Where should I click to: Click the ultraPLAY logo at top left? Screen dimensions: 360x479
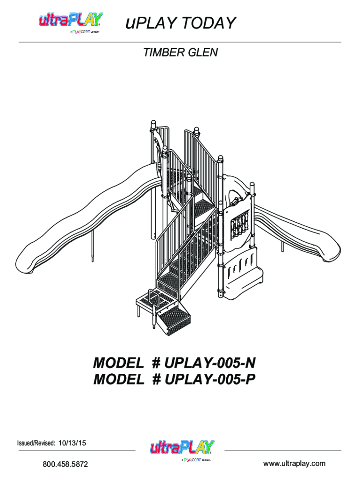click(x=71, y=22)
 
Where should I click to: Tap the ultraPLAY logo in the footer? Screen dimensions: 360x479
click(x=182, y=450)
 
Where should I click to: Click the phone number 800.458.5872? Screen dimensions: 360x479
click(x=65, y=464)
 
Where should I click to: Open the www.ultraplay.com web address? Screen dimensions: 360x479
click(x=294, y=464)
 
